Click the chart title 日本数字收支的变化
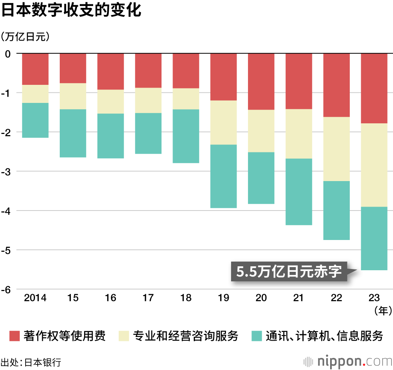(x=71, y=11)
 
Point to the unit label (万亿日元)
(x=26, y=37)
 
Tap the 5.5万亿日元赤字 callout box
(x=289, y=271)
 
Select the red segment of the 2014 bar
(x=35, y=69)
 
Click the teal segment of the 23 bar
(x=374, y=238)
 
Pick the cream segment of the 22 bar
(x=336, y=149)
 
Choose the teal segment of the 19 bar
(x=224, y=176)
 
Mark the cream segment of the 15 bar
(x=73, y=96)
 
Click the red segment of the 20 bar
(x=261, y=81)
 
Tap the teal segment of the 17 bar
(x=148, y=133)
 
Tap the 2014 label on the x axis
(x=35, y=298)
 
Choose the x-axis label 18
(x=186, y=298)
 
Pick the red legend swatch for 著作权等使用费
(x=15, y=336)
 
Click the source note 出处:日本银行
(x=31, y=362)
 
